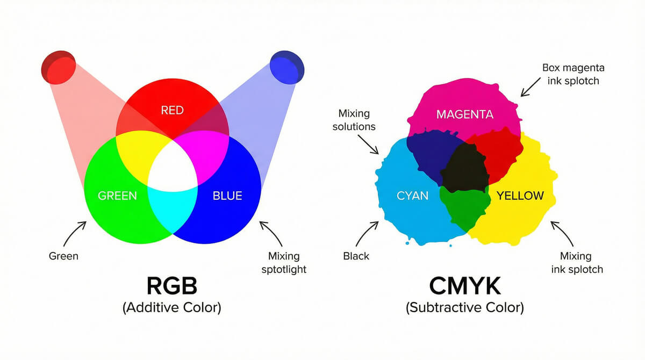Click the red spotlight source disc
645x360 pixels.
pos(59,67)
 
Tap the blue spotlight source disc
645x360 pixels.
pos(286,67)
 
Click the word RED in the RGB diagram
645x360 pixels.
pos(172,110)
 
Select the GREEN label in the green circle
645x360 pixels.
pos(117,196)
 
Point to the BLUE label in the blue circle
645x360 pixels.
pos(227,196)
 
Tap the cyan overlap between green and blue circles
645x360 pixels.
pos(172,210)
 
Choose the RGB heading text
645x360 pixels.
pos(171,285)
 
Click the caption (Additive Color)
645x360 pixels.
pos(171,308)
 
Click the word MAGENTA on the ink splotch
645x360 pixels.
pos(464,114)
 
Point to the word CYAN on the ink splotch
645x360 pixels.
pos(412,196)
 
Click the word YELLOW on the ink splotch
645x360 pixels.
pos(520,196)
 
